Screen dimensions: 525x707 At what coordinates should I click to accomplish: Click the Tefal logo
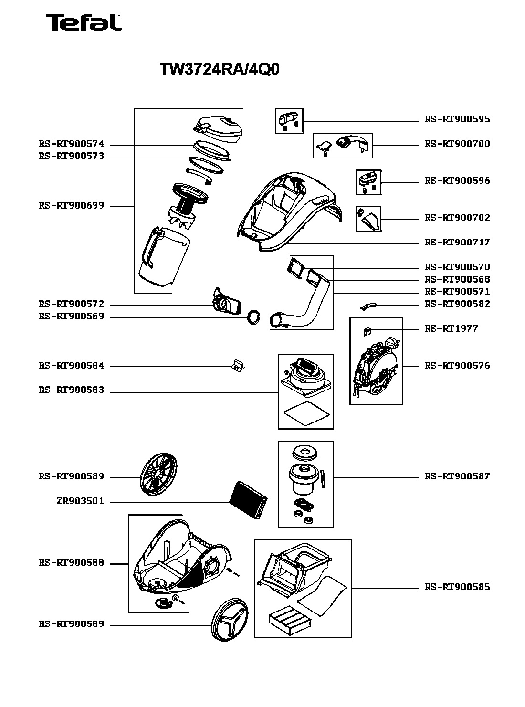click(x=84, y=22)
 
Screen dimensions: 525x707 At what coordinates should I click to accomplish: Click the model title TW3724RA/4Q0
click(x=220, y=69)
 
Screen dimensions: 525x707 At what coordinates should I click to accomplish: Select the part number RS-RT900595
click(x=457, y=119)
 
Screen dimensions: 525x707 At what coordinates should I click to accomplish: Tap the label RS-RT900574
click(x=72, y=144)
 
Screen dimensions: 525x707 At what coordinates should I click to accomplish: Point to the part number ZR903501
click(x=80, y=501)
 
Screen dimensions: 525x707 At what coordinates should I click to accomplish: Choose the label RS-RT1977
click(x=451, y=328)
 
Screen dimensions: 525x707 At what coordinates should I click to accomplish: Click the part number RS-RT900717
click(x=457, y=242)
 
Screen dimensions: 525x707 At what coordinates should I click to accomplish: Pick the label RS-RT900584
click(x=72, y=366)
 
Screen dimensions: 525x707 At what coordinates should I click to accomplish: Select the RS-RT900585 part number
click(x=457, y=587)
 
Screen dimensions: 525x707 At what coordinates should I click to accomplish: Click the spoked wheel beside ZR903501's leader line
click(x=158, y=474)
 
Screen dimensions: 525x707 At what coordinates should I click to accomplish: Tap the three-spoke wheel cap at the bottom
click(x=230, y=620)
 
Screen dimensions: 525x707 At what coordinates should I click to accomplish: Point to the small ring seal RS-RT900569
click(x=254, y=317)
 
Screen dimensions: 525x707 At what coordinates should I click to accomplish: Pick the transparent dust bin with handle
click(x=164, y=257)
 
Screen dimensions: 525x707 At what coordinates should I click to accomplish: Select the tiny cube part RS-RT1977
click(x=366, y=331)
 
